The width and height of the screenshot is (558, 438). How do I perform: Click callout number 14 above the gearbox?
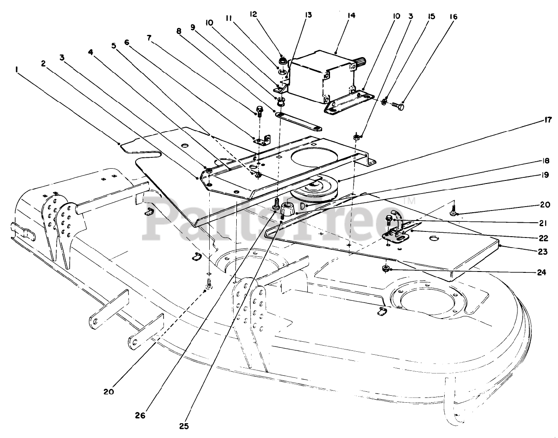click(x=351, y=16)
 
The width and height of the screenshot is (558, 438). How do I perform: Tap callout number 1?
click(x=16, y=69)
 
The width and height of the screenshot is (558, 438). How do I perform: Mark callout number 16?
click(x=453, y=17)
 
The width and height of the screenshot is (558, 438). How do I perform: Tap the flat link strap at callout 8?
click(x=300, y=122)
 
